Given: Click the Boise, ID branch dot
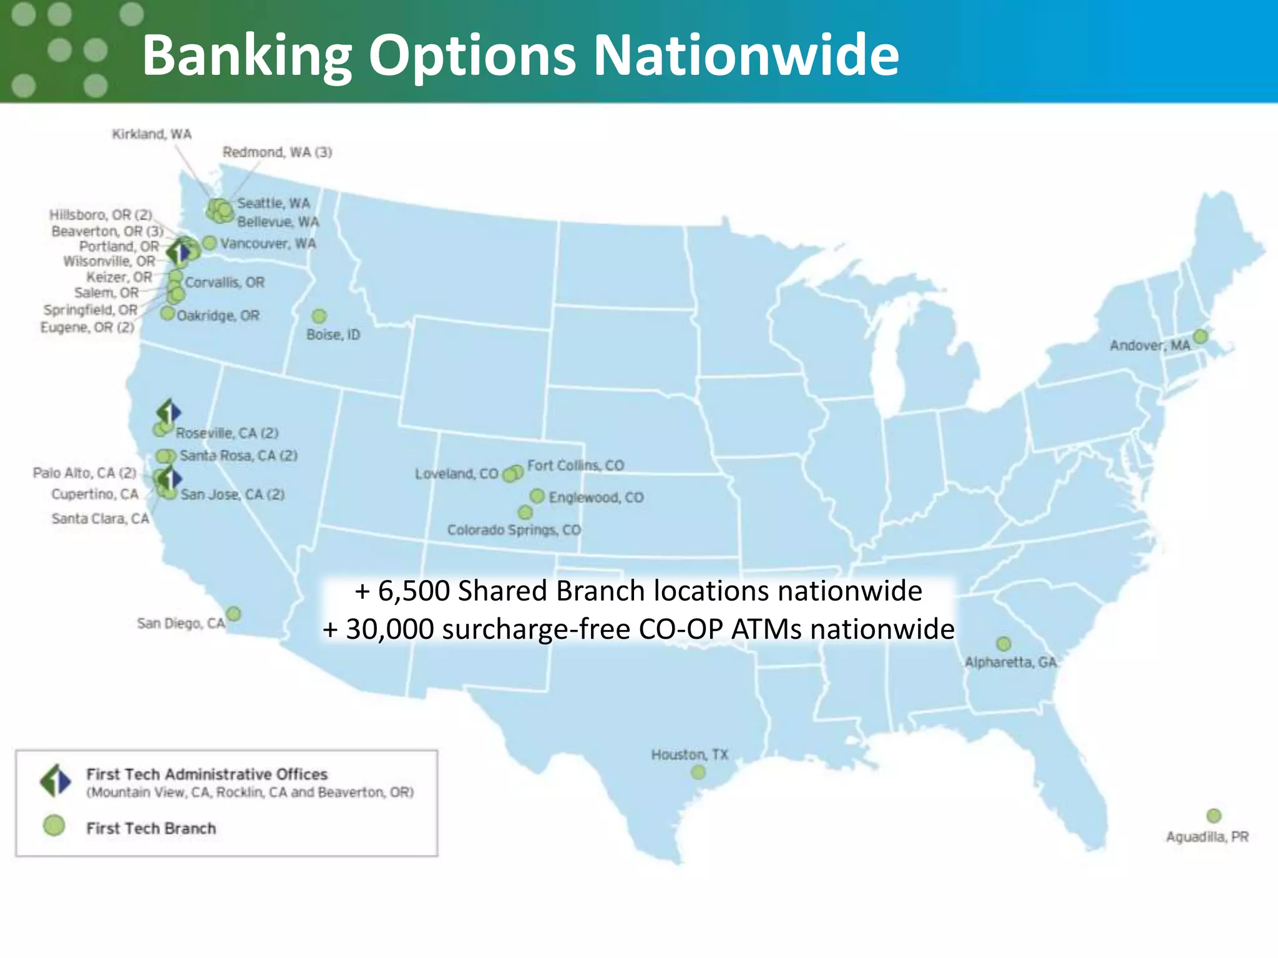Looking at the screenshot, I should click(319, 316).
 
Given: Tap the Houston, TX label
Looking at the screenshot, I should click(690, 755).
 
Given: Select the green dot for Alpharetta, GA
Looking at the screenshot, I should click(1003, 644).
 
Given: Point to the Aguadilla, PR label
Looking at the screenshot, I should click(1207, 837).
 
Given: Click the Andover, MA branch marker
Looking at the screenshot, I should click(1200, 337).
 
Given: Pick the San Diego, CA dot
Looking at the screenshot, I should click(233, 614).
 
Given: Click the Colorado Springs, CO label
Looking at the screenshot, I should click(514, 530).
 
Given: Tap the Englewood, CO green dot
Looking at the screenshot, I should click(537, 496).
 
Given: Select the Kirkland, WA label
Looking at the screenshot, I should click(152, 134).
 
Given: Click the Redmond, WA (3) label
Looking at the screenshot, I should click(277, 152).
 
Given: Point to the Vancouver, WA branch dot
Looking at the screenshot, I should click(210, 243).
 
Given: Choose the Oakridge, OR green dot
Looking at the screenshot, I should click(167, 313).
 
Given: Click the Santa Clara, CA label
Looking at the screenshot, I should click(100, 519).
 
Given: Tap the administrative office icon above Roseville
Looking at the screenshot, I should click(168, 412).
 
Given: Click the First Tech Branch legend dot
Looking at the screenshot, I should click(54, 826).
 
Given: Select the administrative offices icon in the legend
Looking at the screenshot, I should click(56, 780).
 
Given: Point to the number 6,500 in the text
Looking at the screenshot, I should click(414, 591).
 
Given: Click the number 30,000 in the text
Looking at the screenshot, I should click(390, 629).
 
